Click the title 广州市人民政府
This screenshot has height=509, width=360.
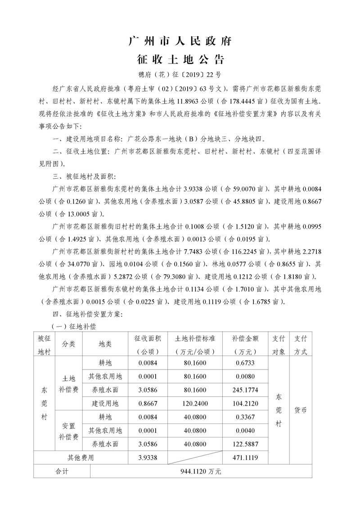click(180, 42)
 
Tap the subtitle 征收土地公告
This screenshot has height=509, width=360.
click(180, 59)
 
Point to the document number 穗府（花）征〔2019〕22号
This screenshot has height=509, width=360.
click(180, 74)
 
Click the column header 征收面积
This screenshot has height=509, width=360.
click(148, 338)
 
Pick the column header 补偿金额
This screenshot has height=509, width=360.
click(245, 338)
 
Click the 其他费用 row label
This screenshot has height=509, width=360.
click(81, 458)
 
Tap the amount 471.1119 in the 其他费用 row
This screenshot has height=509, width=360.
click(245, 458)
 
